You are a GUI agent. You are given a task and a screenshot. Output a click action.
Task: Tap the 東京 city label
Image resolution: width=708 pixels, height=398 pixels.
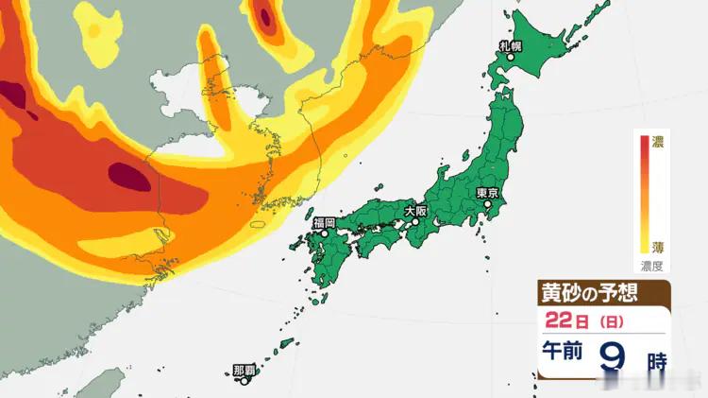coord(487,193)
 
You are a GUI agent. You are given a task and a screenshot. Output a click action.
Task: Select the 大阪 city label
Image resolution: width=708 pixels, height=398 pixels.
coord(414,212)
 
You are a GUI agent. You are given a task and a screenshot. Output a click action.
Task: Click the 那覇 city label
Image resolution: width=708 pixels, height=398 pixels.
coord(244,371)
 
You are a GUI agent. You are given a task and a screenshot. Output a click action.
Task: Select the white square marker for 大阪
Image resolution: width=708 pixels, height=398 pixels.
coord(414,224)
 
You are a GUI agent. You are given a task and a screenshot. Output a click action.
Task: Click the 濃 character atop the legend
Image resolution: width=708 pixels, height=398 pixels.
coord(658,142)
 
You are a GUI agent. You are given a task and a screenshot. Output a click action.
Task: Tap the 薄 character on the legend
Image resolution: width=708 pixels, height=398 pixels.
coord(658,248)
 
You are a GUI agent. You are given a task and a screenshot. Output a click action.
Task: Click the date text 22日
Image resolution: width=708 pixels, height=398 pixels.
coord(565,320)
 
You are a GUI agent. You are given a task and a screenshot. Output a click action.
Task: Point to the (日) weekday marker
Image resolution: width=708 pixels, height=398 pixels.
coord(609,321)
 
